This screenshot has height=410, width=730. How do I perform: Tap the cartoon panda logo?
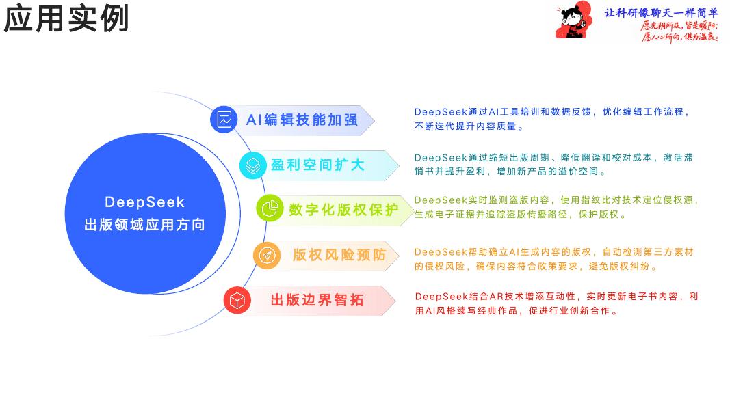pyautogui.click(x=573, y=21)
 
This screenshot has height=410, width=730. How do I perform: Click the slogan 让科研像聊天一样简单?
pyautogui.click(x=662, y=12)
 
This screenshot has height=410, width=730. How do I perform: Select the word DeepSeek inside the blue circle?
pyautogui.click(x=144, y=202)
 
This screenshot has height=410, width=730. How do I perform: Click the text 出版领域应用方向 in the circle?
pyautogui.click(x=144, y=225)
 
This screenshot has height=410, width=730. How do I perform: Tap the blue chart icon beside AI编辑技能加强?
pyautogui.click(x=223, y=120)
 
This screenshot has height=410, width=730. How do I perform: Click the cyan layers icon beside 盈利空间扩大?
pyautogui.click(x=253, y=165)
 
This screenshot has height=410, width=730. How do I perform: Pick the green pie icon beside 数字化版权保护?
pyautogui.click(x=270, y=209)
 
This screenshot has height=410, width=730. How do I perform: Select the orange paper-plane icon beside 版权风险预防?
pyautogui.click(x=266, y=255)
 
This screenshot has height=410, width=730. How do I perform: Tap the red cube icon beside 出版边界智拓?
pyautogui.click(x=237, y=300)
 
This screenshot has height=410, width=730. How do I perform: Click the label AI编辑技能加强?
pyautogui.click(x=302, y=120)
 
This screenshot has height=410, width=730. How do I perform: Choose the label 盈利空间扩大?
pyautogui.click(x=318, y=165)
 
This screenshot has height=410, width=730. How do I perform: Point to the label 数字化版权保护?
pyautogui.click(x=343, y=210)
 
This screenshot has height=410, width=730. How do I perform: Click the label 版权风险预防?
pyautogui.click(x=339, y=255)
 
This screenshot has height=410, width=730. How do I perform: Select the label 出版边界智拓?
pyautogui.click(x=317, y=300)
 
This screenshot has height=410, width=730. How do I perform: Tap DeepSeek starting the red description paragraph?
pyautogui.click(x=441, y=297)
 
